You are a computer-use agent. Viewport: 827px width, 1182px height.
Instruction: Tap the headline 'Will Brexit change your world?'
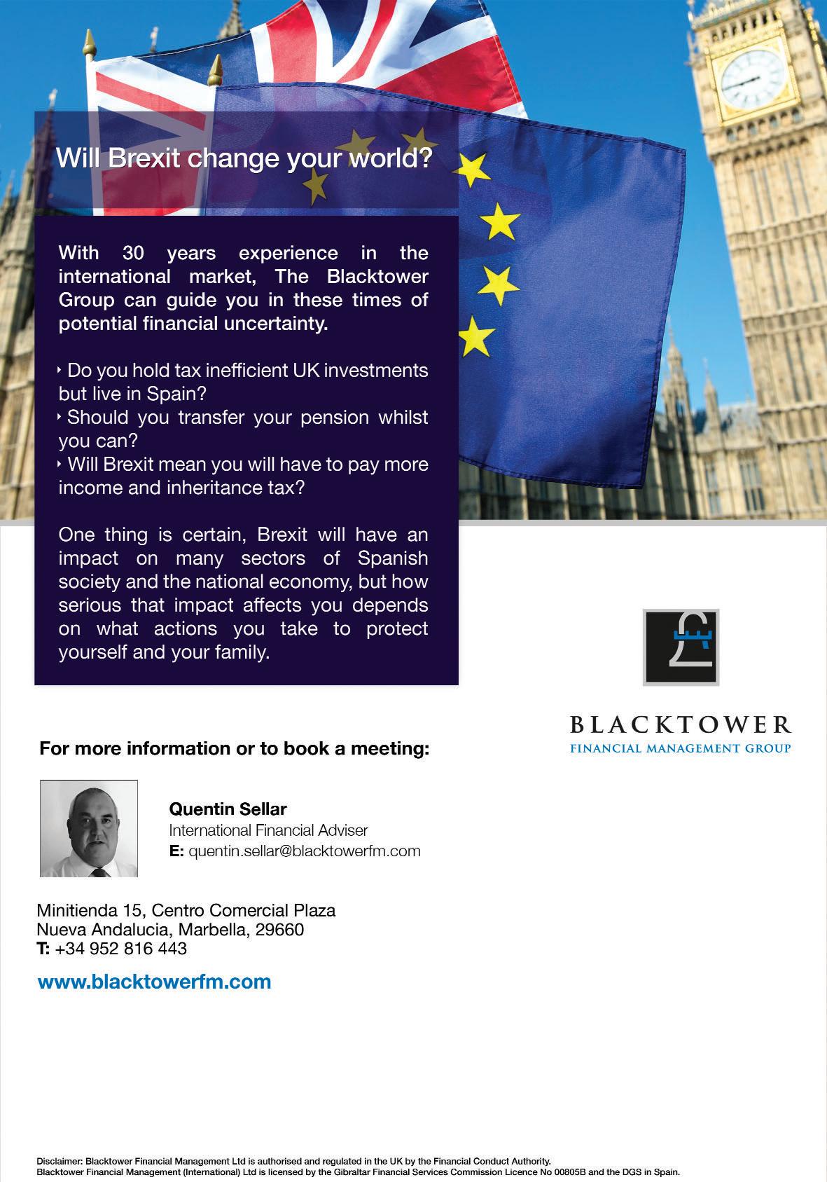244,158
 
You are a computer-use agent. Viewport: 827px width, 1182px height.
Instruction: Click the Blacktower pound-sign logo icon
681,647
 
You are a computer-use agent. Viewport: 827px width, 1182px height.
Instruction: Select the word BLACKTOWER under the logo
680,724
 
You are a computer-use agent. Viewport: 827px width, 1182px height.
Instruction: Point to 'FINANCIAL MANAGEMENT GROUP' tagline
680,748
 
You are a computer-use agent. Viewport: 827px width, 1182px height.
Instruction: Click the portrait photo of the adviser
89,828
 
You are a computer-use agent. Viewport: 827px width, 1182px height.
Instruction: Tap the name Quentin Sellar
228,809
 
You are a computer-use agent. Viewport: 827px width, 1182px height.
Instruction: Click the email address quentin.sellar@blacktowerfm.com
305,851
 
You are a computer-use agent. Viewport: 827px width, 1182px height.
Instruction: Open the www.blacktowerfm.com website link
154,982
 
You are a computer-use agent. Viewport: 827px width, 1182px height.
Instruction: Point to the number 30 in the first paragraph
133,253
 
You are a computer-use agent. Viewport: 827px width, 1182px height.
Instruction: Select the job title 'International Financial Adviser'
268,830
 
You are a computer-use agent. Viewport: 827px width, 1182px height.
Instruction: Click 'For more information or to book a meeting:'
234,748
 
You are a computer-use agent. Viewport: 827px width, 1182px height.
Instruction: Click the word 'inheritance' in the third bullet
210,488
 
